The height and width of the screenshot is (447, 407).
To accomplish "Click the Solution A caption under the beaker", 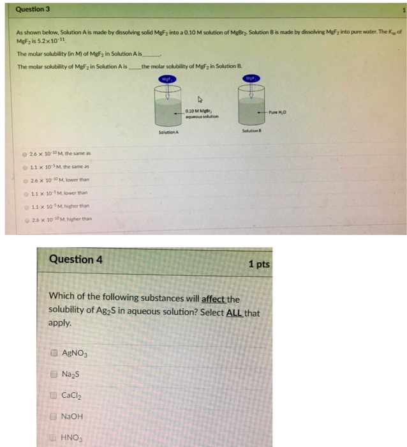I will (168, 132).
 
